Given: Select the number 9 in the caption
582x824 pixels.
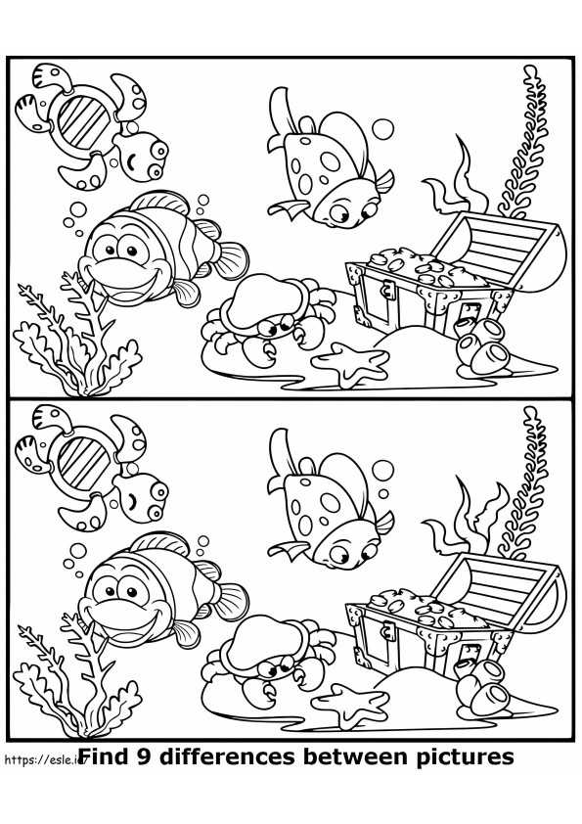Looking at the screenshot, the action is tap(144, 756).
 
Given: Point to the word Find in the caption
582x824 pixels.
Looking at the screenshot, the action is tap(106, 756).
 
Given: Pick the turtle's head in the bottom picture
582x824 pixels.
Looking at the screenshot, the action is tap(142, 496).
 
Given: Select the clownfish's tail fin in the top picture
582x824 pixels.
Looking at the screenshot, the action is tap(231, 260).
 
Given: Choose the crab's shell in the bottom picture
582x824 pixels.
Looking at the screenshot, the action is tap(261, 642).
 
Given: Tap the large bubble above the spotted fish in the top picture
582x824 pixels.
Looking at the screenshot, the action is tap(382, 129).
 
